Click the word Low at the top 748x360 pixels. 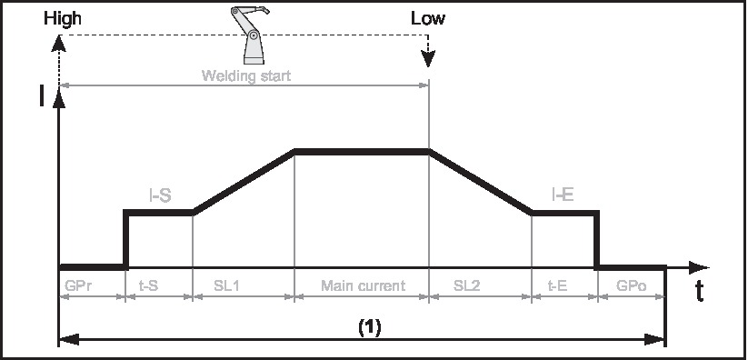click(x=428, y=17)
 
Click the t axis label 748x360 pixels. click(x=699, y=291)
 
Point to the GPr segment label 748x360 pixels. click(x=77, y=285)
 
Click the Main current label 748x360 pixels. click(x=362, y=285)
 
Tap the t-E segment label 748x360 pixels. click(x=558, y=285)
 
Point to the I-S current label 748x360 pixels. click(x=161, y=195)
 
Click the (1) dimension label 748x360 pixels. click(x=368, y=328)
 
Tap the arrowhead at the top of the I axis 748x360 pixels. click(x=60, y=99)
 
